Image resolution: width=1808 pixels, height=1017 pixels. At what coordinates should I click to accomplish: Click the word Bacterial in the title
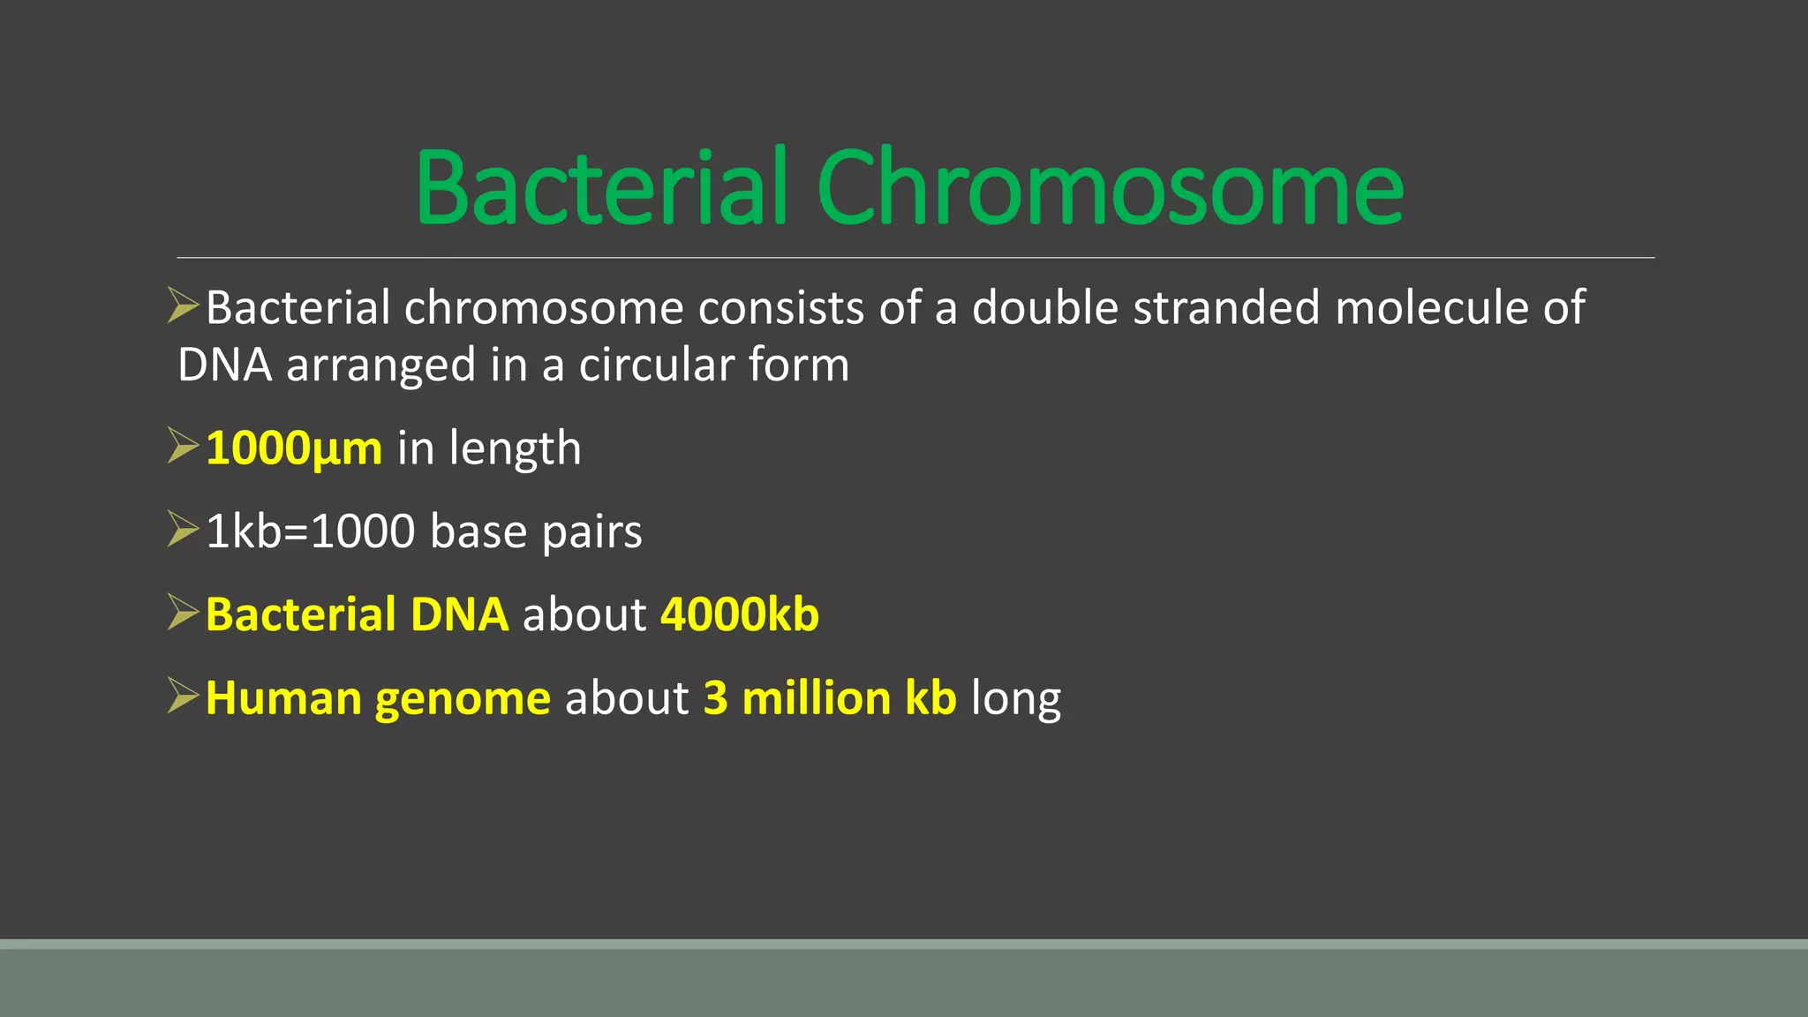coord(600,187)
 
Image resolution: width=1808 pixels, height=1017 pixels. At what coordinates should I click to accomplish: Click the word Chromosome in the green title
coord(1110,187)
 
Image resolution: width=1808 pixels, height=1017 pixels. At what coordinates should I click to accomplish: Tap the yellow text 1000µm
coord(294,448)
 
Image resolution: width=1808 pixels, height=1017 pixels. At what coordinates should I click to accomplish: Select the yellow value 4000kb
coord(740,614)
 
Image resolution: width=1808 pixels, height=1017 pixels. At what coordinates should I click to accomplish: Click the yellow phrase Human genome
coord(378,698)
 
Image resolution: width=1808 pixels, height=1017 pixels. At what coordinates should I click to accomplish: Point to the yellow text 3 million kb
coord(830,698)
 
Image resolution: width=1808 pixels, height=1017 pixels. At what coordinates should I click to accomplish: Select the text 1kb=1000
coord(310,531)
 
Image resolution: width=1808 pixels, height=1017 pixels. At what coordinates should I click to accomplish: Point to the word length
coord(515,448)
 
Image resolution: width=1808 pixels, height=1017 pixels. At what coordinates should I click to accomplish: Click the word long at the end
coord(1016,700)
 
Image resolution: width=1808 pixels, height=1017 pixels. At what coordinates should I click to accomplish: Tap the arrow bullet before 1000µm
coord(183,446)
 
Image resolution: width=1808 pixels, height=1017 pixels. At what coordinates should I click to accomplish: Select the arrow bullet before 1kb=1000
coord(183,529)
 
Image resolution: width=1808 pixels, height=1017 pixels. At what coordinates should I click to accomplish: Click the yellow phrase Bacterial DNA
coord(357,614)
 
